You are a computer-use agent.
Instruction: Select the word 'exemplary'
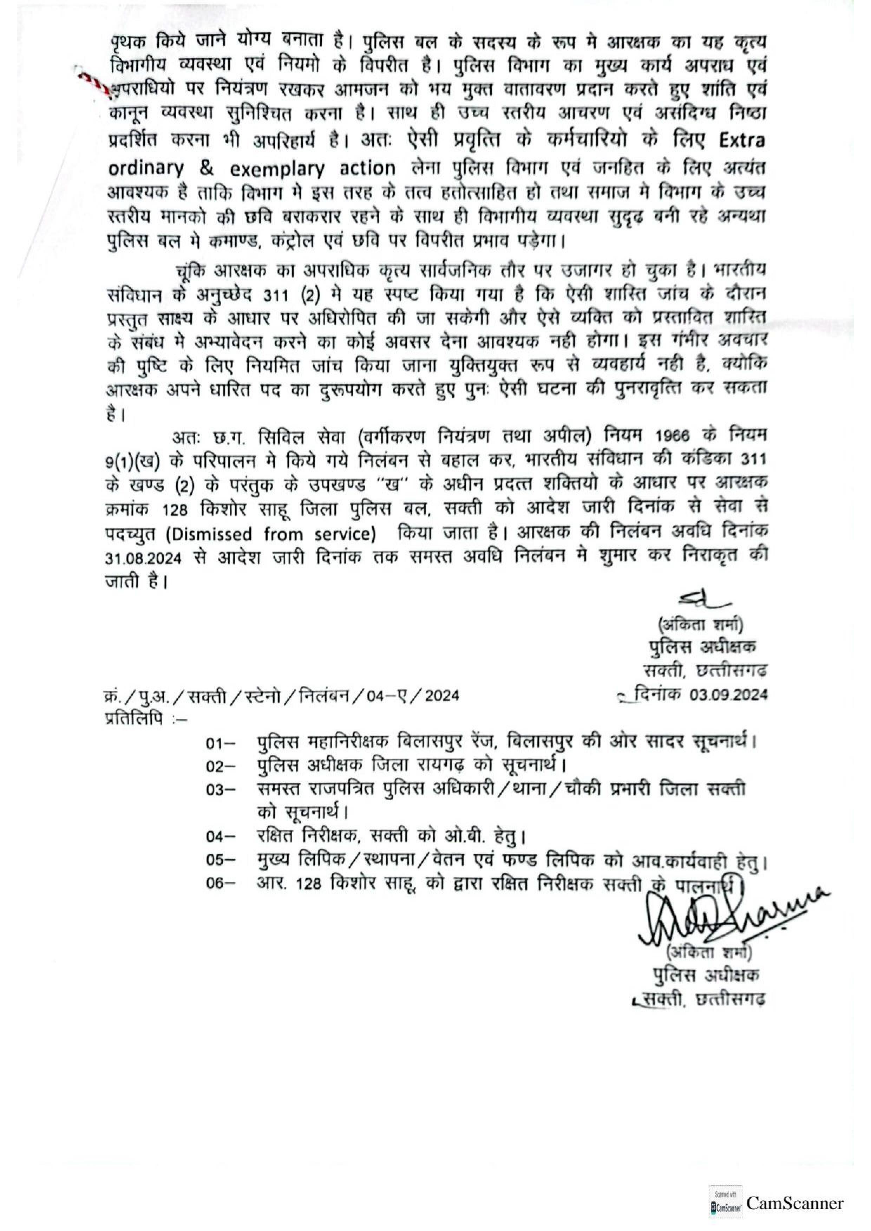(x=277, y=169)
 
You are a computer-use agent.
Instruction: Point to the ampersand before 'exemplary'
(x=207, y=168)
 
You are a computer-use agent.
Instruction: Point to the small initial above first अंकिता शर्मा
(x=697, y=604)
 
